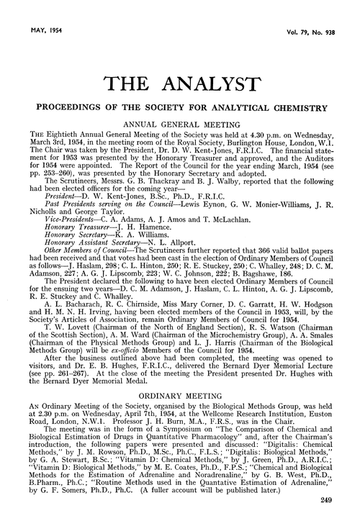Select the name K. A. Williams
pos(130,235)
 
